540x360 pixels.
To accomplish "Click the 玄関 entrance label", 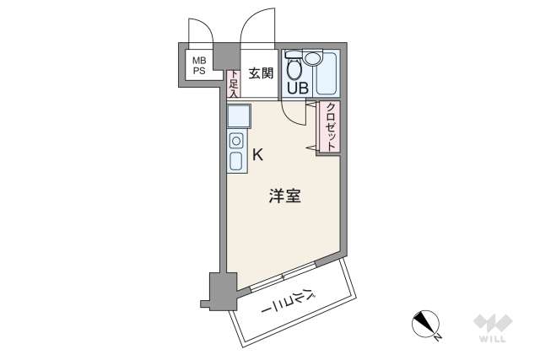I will pos(261,73).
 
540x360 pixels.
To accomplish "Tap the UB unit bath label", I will pos(296,86).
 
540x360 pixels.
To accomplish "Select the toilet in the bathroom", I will pos(293,67).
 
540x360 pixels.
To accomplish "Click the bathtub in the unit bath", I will pos(327,73).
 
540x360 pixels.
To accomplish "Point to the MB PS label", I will pos(198,66).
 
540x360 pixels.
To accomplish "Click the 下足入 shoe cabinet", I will pos(234,83).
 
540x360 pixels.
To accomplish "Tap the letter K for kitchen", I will pos(258,154).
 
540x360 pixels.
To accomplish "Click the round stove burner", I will pos(237,141).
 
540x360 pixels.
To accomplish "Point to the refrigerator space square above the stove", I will pos(237,116).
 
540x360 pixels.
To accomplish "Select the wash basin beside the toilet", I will pos(314,58).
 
